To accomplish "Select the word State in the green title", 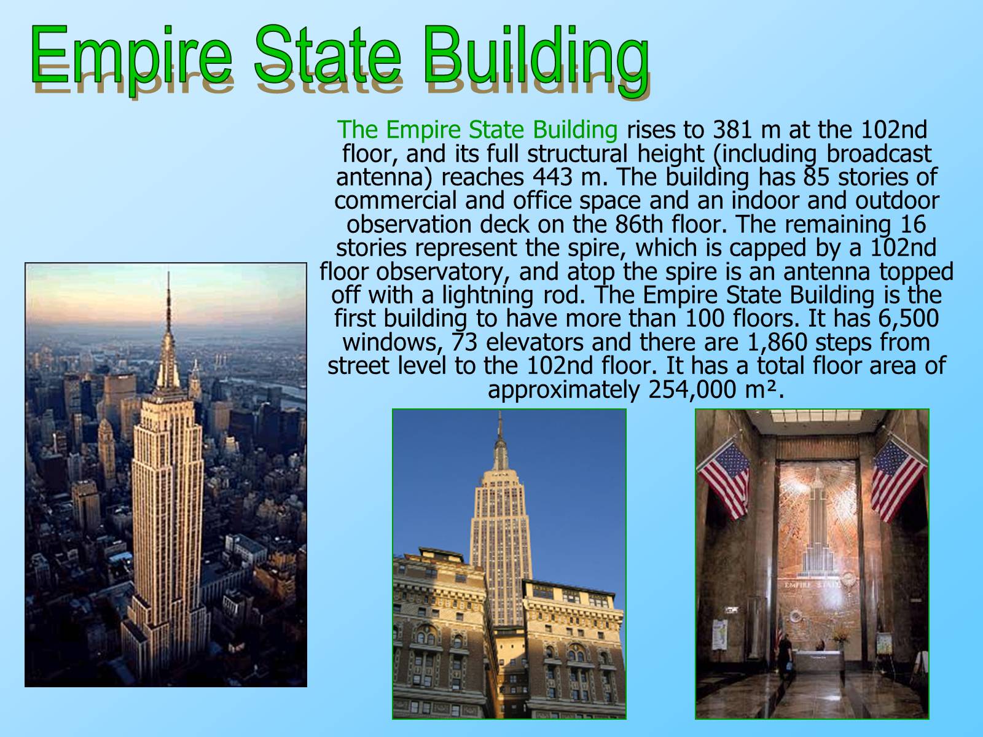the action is click(327, 54).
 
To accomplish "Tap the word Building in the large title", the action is click(536, 60).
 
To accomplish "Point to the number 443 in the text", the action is click(552, 177).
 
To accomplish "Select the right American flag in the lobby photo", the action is click(898, 478).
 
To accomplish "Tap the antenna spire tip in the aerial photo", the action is click(168, 272).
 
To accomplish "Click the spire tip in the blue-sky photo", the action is click(500, 413).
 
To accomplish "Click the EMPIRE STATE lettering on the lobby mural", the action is click(812, 585).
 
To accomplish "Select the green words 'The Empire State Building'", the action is click(477, 130).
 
